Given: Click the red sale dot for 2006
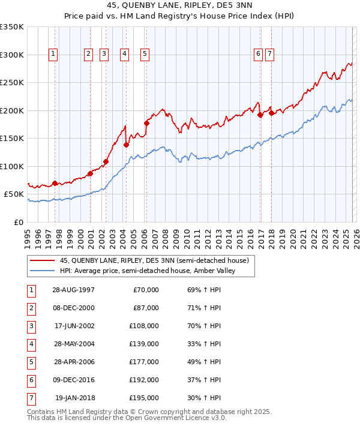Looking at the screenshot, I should pyautogui.click(x=146, y=123).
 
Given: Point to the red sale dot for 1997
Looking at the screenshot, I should pyautogui.click(x=55, y=183).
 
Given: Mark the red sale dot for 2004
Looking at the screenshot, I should pyautogui.click(x=126, y=145).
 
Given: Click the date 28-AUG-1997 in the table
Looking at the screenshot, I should pyautogui.click(x=73, y=290).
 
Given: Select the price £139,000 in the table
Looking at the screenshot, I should pyautogui.click(x=144, y=344).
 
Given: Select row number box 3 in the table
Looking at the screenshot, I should pyautogui.click(x=30, y=326).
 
